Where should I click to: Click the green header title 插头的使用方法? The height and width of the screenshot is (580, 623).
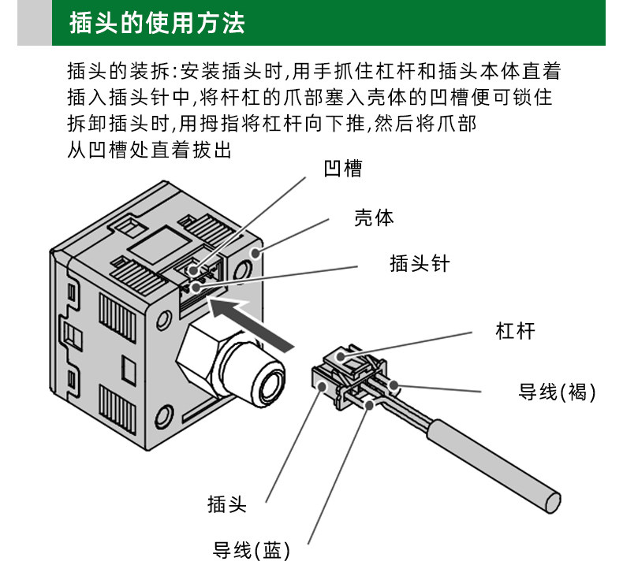tap(157, 23)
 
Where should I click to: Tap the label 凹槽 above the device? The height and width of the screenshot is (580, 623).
tap(343, 169)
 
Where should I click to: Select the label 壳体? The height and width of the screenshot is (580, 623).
tap(374, 218)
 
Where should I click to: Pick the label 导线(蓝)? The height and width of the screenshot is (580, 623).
tap(252, 550)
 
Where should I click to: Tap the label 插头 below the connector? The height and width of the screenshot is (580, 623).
tap(227, 504)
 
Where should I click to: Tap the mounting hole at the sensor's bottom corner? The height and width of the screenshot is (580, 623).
tap(166, 414)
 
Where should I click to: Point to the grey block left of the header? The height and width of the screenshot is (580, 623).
tap(34, 23)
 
